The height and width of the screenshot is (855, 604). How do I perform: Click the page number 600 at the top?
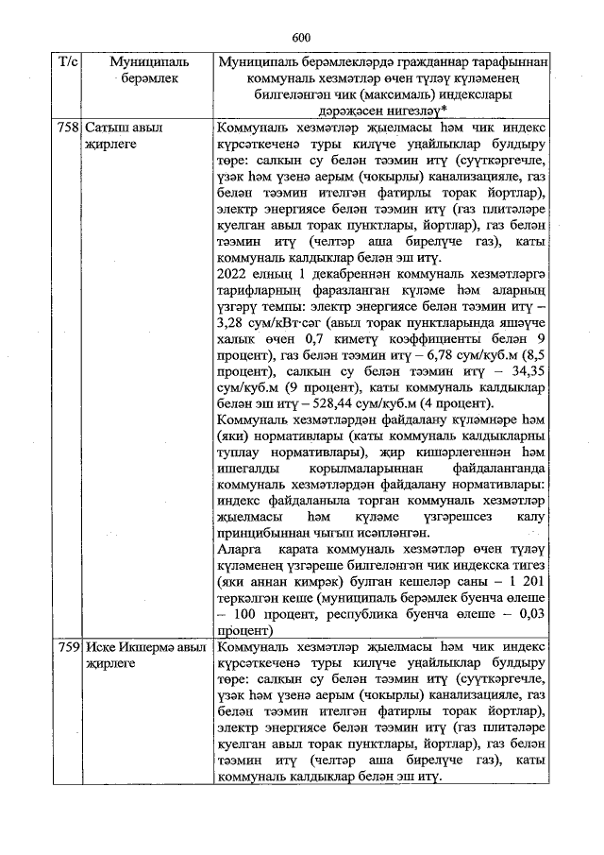coord(302,37)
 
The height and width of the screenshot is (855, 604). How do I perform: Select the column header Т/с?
coord(68,62)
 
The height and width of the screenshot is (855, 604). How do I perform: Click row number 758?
coord(68,128)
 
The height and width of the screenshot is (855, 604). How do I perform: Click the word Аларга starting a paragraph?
coord(242,546)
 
